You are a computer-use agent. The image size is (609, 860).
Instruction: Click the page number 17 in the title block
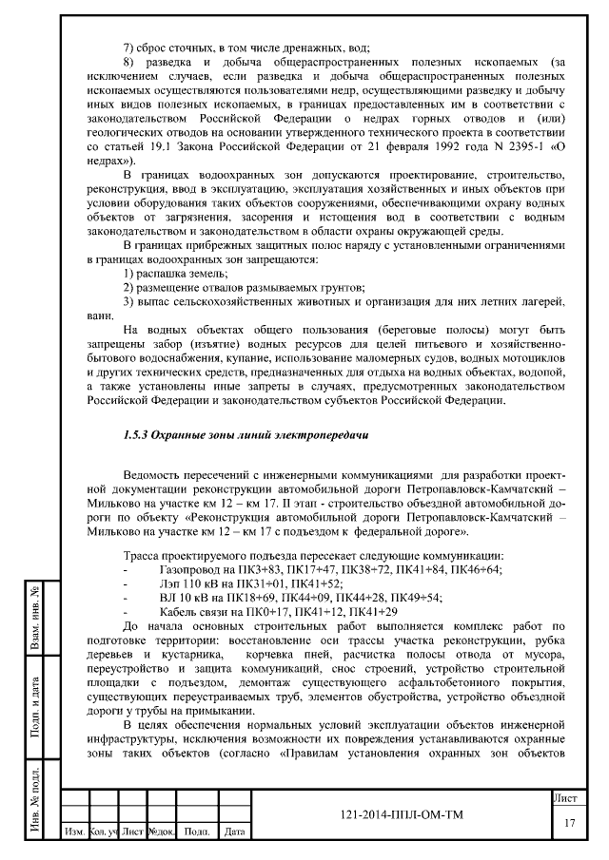(569, 823)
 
